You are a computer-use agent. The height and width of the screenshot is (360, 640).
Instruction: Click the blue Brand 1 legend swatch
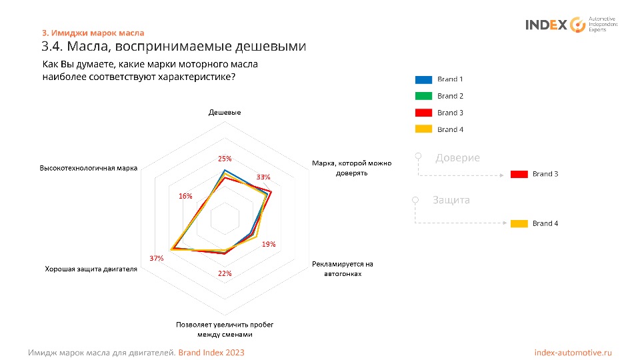coord(423,79)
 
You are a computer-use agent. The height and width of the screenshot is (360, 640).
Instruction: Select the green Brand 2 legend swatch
coord(423,96)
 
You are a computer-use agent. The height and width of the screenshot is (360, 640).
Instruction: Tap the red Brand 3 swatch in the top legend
coord(423,113)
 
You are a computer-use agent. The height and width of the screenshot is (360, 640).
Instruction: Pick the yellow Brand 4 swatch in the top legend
coord(423,129)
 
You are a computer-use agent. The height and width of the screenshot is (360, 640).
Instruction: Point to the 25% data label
coord(225,159)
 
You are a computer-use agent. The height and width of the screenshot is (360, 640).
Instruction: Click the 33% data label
coord(263,177)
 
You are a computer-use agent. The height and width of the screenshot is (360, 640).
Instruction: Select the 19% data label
coord(269,244)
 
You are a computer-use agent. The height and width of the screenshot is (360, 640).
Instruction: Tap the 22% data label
coord(225,273)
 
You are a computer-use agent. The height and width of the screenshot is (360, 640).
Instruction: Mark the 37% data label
coord(157,258)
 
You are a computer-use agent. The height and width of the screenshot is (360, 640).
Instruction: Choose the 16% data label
coord(185,196)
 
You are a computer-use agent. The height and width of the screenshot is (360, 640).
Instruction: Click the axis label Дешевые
coord(225,113)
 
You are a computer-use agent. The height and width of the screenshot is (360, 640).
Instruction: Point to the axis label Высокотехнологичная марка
coord(89,168)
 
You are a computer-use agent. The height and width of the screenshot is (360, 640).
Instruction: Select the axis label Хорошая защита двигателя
coord(91,269)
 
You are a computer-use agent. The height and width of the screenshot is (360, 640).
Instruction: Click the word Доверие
coord(457,158)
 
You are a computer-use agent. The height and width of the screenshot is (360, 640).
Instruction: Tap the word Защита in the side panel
coord(451,199)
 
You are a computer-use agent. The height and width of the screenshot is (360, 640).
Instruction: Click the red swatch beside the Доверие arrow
coord(519,174)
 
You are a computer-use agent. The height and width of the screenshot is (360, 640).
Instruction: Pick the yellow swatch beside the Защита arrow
coord(519,223)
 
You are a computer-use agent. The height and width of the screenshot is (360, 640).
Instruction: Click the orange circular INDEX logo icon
coord(577,25)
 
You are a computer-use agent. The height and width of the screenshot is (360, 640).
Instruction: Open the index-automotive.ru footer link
coord(573,352)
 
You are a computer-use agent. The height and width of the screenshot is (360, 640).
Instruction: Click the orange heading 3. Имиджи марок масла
coord(93,33)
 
